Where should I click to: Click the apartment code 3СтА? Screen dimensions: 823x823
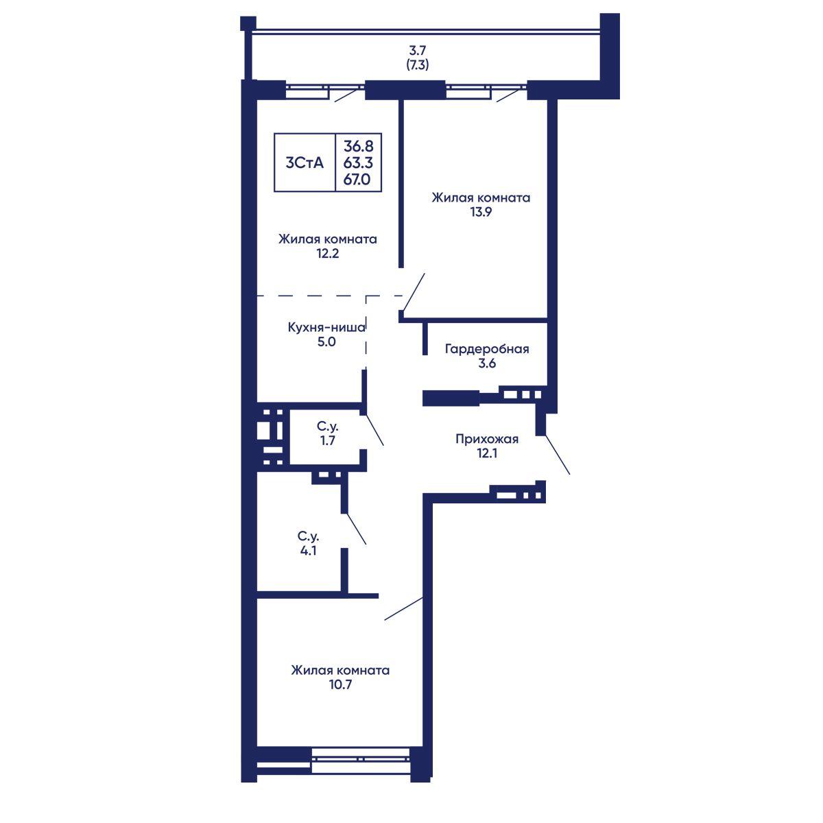[x=305, y=163]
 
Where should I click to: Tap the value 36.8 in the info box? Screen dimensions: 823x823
[x=358, y=146]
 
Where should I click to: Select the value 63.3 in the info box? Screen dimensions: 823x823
[x=358, y=163]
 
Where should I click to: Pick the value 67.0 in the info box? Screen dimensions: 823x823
[x=357, y=180]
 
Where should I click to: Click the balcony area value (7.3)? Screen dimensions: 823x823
[x=417, y=65]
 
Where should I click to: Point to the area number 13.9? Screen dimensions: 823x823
[x=481, y=212]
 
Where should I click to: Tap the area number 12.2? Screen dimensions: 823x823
[x=328, y=254]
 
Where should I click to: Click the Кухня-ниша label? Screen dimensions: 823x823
[x=326, y=328]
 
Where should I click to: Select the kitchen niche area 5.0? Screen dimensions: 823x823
[x=326, y=342]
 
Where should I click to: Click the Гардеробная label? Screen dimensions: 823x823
[x=487, y=349]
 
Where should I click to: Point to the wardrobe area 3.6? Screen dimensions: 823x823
[x=487, y=363]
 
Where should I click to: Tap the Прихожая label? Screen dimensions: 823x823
[x=487, y=439]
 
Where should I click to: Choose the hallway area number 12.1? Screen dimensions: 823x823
[x=487, y=453]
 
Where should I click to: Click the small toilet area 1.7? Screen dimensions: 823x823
[x=328, y=440]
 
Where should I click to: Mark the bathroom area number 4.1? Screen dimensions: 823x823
[x=308, y=551]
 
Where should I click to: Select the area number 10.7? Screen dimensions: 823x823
[x=340, y=684]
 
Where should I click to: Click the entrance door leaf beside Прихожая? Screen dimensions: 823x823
[x=558, y=455]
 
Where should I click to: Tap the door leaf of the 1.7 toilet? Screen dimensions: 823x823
[x=374, y=429]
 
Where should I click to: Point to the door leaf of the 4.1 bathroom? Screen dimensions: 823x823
[x=356, y=529]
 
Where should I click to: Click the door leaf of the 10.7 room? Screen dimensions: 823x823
[x=403, y=608]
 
